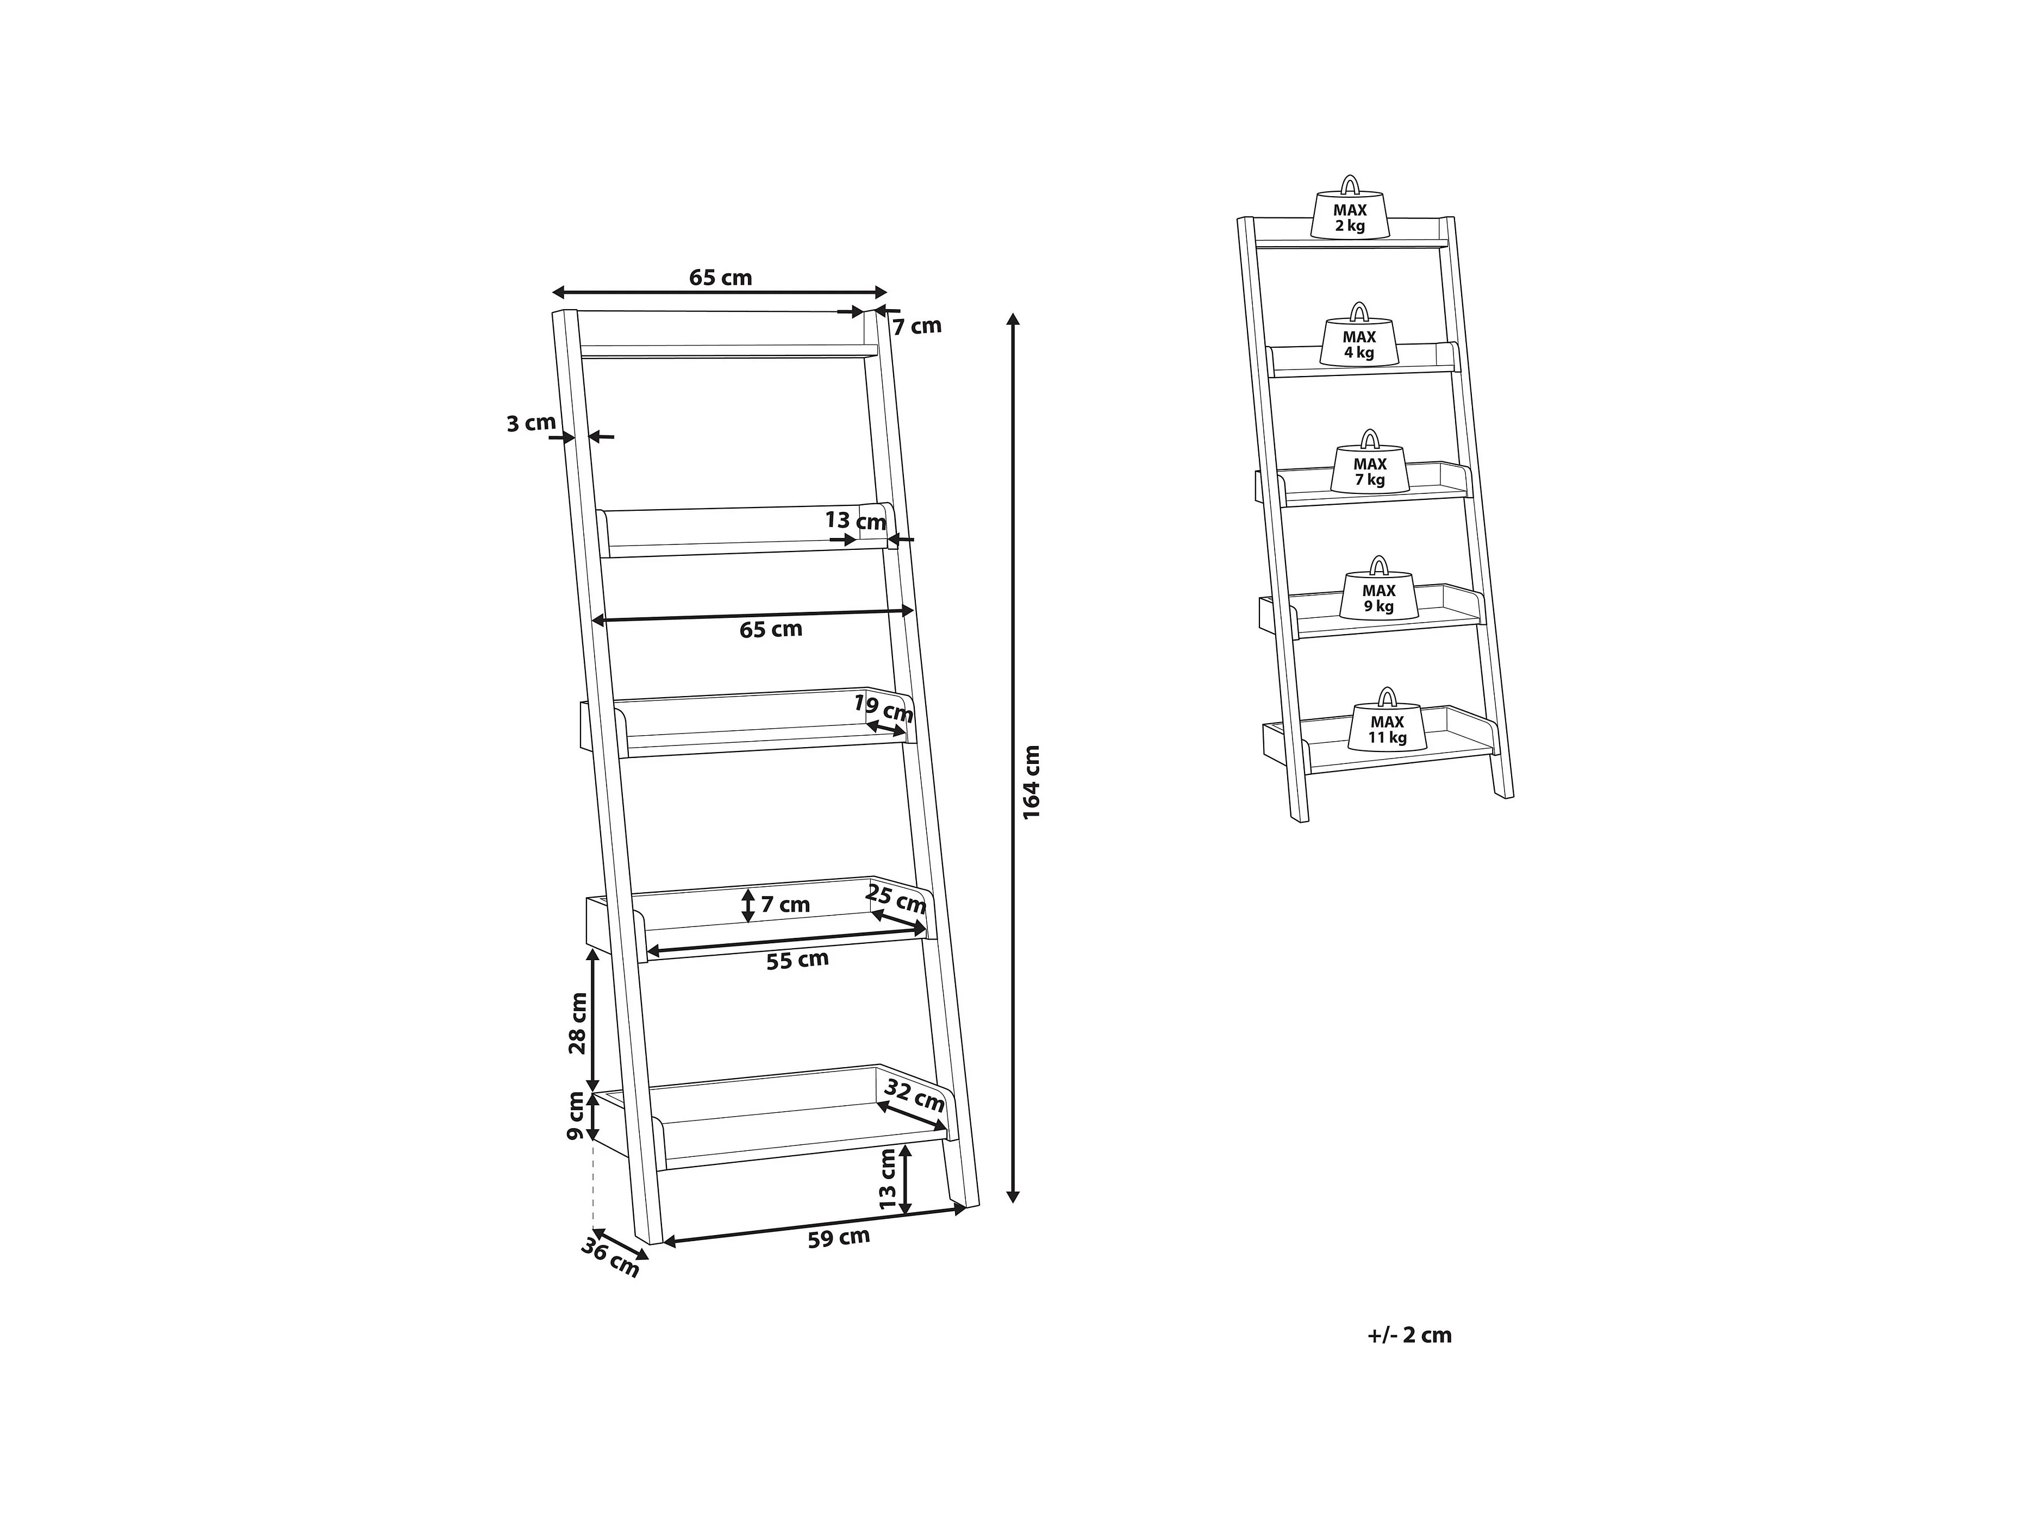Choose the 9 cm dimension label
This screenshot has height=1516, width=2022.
pos(576,1116)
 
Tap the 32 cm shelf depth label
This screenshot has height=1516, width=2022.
pos(914,1097)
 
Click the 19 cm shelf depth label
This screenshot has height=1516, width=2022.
pos(883,707)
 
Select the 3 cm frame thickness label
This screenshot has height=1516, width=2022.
pos(531,423)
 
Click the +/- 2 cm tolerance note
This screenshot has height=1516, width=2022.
pos(1409,1335)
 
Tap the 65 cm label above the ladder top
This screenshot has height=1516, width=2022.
pos(720,277)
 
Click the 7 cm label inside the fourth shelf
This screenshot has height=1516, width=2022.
pos(785,905)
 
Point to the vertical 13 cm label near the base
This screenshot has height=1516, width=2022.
pos(887,1180)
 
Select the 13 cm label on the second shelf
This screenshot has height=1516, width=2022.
pos(856,521)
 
